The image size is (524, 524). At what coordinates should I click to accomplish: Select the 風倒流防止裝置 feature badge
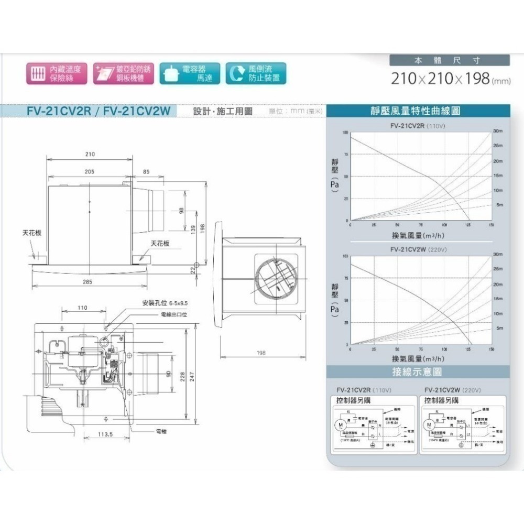(256, 74)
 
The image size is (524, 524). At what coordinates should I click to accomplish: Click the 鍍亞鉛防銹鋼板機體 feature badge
(124, 74)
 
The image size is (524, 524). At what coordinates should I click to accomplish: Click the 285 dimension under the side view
(88, 282)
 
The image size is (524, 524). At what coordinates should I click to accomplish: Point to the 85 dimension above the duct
(146, 171)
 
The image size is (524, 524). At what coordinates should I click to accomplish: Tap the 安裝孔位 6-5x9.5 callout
(165, 303)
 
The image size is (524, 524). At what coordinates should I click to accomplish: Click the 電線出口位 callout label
(174, 314)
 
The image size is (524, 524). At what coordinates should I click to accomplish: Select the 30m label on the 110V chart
(498, 130)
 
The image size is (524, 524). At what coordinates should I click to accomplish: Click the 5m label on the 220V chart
(499, 327)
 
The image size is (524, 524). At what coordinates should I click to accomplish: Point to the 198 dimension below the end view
(261, 353)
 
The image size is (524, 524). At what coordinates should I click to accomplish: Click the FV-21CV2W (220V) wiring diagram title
(452, 390)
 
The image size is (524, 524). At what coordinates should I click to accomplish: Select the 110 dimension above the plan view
(82, 308)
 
